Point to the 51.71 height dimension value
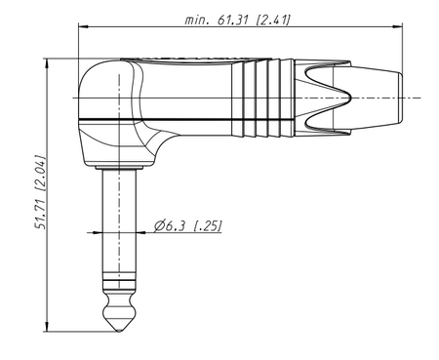click(38, 208)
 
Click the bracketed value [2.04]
click(38, 168)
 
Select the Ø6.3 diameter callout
click(172, 225)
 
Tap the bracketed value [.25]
click(207, 225)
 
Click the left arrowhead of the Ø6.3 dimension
click(106, 232)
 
